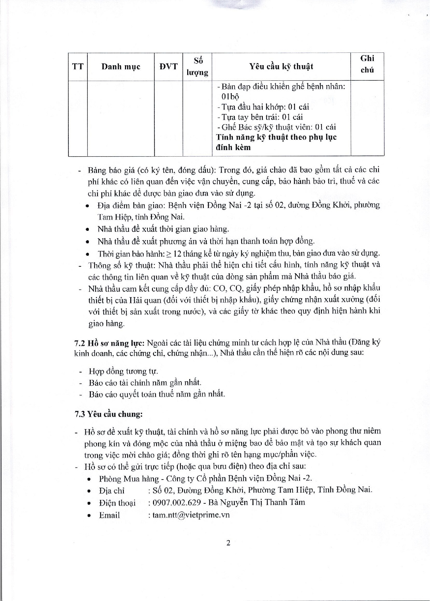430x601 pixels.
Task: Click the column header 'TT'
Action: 78,67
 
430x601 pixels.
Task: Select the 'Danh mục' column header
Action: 121,67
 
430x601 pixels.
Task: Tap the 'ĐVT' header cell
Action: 168,67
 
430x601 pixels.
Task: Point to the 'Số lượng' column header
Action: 197,67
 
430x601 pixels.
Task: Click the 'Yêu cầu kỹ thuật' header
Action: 281,67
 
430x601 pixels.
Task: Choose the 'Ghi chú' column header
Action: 367,64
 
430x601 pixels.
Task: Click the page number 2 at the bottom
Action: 228,543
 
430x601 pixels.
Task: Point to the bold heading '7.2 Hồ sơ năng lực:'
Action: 110,343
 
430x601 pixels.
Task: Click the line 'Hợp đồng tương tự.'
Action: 123,372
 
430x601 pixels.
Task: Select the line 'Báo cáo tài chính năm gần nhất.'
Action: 145,383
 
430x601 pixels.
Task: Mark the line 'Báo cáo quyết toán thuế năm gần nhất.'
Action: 156,394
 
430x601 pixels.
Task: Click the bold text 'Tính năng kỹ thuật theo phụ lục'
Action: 276,137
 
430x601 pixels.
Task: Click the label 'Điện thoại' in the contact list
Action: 117,503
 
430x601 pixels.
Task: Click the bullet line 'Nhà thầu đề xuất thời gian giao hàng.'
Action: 163,229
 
